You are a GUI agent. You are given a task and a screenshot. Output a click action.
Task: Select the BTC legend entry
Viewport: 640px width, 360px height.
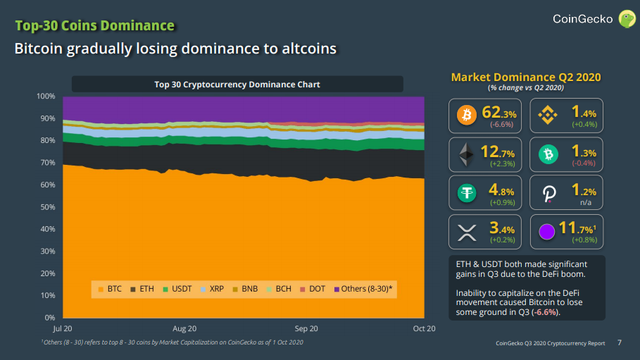pyautogui.click(x=111, y=289)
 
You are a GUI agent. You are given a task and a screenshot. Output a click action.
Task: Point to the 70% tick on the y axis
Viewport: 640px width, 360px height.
pyautogui.click(x=46, y=163)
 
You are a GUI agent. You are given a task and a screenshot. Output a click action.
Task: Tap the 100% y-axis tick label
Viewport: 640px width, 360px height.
pyautogui.click(x=44, y=96)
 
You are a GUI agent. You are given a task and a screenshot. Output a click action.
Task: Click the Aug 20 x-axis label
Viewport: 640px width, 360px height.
pyautogui.click(x=184, y=328)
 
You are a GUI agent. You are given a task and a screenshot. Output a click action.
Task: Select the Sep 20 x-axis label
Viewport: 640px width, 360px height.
pyautogui.click(x=306, y=328)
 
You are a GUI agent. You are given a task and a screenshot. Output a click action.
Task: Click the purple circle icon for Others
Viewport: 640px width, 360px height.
pyautogui.click(x=547, y=232)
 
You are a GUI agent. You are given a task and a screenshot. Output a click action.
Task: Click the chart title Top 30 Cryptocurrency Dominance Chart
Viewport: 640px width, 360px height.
pyautogui.click(x=237, y=85)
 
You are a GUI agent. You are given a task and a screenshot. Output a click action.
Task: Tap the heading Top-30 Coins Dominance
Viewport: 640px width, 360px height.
pyautogui.click(x=95, y=26)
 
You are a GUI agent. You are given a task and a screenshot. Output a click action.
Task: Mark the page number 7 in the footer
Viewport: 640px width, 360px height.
pyautogui.click(x=620, y=343)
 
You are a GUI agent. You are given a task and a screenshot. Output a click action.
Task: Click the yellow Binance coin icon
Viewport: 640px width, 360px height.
pyautogui.click(x=547, y=115)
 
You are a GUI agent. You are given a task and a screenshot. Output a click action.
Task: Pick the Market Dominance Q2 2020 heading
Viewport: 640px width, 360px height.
pyautogui.click(x=526, y=77)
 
